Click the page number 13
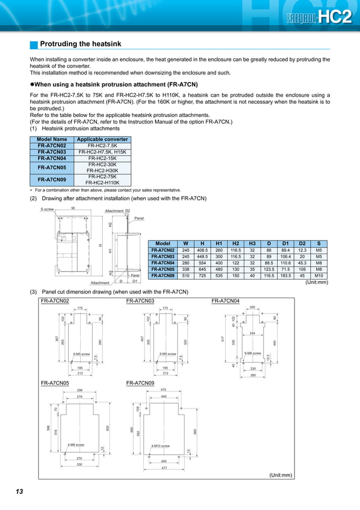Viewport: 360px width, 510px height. [19, 492]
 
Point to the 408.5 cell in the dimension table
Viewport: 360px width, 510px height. [202, 250]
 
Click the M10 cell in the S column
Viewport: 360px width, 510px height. [319, 276]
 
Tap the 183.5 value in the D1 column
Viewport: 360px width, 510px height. [286, 276]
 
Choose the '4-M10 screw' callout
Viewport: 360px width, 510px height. [160, 446]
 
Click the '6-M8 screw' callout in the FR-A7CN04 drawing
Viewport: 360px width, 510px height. [252, 353]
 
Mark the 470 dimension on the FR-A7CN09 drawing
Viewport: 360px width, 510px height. [164, 390]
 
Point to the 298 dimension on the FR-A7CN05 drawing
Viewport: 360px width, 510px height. [80, 390]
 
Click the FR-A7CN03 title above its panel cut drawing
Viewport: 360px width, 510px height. [141, 301]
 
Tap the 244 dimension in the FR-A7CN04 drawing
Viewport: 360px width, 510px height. [252, 333]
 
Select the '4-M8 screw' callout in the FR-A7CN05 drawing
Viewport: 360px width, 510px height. [76, 444]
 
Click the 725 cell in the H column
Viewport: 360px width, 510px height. [202, 276]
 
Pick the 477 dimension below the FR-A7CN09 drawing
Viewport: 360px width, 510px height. [164, 468]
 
